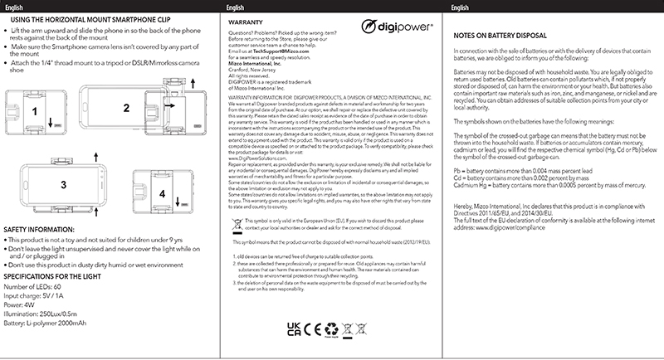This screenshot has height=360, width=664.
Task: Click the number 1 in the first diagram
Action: tap(34, 110)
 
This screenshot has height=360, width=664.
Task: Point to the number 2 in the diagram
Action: tap(126, 107)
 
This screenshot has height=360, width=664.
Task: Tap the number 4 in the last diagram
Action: tap(163, 194)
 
